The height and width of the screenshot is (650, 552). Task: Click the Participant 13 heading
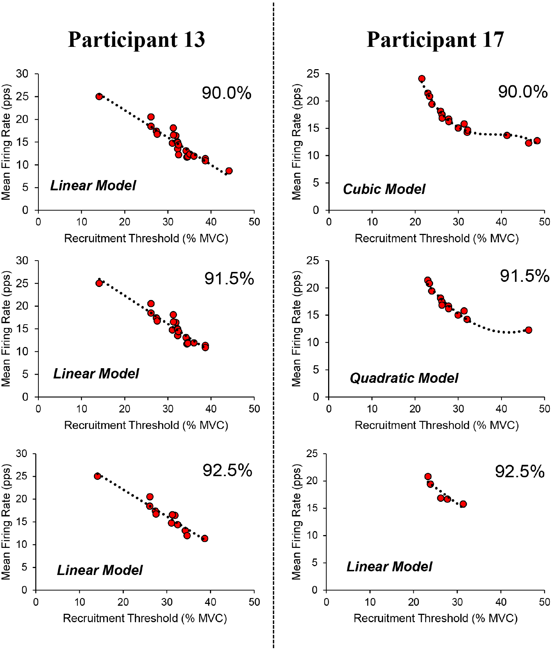coord(136,40)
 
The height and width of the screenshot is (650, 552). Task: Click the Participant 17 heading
coord(435,40)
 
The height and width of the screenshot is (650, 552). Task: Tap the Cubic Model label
coord(384,189)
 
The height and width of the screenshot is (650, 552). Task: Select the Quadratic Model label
coord(403,378)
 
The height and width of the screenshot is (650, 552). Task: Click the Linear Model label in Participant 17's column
coord(389,567)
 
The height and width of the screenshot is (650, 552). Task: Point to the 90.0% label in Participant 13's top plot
coord(226,93)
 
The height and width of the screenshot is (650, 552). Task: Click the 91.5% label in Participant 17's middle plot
coord(525,276)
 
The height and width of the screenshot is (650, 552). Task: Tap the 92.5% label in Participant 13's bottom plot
coord(227,470)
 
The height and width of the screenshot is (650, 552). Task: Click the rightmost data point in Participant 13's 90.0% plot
coord(229,171)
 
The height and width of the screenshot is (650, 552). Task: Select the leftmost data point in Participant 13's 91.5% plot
coord(99,283)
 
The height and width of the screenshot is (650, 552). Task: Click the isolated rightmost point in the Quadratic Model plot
coord(528,330)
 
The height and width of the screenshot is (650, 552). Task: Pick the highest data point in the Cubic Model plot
coord(422,79)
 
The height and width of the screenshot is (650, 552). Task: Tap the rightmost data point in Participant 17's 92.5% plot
coord(463,504)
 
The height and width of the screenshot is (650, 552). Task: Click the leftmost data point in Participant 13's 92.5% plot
coord(97,476)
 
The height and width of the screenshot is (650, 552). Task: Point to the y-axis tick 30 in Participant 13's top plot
coord(22,74)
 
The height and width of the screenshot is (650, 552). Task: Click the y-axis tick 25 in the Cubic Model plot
coord(313,74)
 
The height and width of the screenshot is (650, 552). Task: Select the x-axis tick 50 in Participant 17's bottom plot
coord(544,602)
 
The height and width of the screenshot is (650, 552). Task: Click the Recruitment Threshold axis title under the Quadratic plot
coord(436,425)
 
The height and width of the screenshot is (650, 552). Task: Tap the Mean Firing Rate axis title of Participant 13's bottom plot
coord(6,522)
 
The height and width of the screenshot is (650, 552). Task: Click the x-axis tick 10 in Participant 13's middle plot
coord(82,409)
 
